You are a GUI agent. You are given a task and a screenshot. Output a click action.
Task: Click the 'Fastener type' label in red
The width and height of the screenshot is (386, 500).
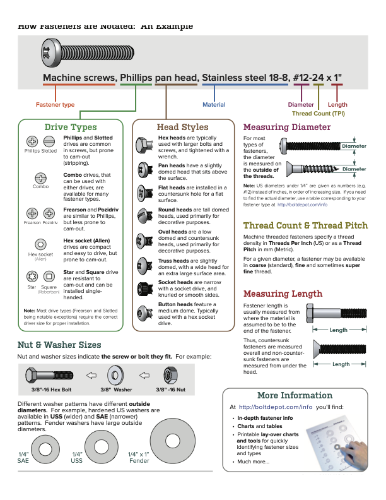pos(56,104)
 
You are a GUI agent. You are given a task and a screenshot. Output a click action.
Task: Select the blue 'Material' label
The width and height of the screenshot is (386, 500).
pos(214,104)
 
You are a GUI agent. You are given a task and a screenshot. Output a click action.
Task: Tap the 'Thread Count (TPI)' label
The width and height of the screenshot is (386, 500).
pos(318,114)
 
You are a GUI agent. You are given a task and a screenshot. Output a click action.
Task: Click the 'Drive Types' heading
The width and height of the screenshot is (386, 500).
pos(70,128)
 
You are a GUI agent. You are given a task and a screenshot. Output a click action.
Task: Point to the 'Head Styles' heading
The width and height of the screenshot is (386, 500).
pos(182,128)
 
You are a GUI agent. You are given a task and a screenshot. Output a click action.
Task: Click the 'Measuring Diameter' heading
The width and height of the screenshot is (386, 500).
pos(287,127)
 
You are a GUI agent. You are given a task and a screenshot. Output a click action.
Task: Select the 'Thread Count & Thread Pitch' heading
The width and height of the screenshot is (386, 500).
pos(305,225)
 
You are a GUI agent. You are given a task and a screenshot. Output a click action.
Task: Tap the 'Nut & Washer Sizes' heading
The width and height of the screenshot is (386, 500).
pos(59,345)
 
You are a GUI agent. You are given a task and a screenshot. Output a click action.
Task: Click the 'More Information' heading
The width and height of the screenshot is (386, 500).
pos(295,395)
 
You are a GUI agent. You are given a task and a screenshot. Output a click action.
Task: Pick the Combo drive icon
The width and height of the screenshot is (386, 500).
pos(40,177)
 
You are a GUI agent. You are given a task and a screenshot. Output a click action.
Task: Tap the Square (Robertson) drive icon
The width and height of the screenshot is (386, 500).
pos(49,277)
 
